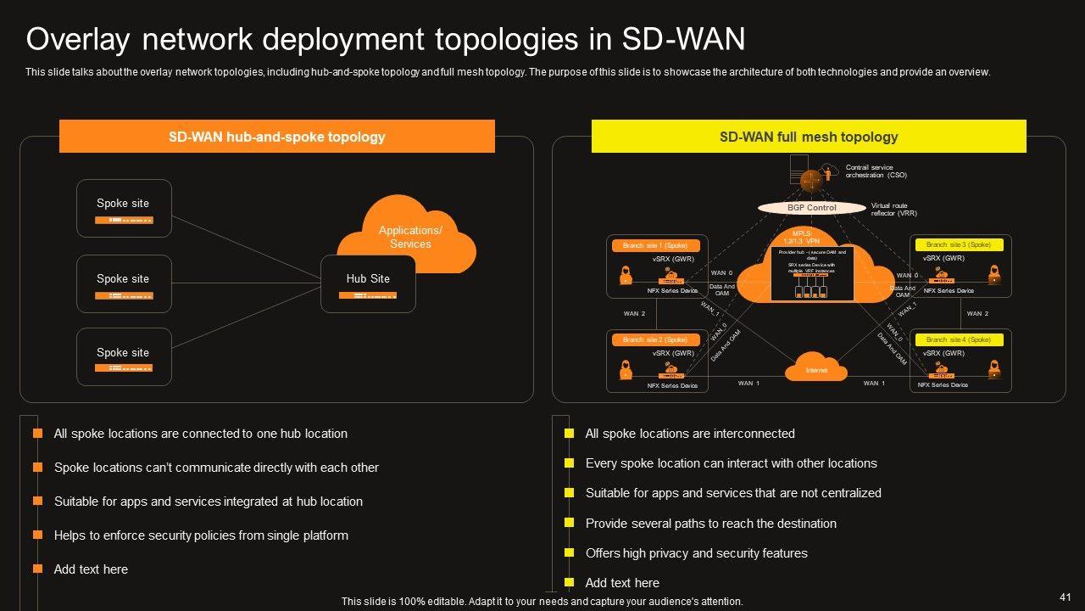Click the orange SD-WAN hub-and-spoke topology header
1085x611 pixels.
coord(276,137)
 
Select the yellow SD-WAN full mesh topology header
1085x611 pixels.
coord(808,137)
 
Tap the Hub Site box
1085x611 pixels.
coord(368,283)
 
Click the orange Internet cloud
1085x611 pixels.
coord(815,369)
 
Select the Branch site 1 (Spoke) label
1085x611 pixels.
coord(654,245)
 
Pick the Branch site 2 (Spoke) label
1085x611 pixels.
coord(654,339)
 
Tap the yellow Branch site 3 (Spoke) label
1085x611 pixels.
coord(958,245)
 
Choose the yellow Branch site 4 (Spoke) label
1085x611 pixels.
coord(958,339)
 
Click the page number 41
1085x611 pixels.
coord(1066,597)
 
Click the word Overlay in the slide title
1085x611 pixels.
coord(77,39)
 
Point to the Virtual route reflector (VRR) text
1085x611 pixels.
coord(893,210)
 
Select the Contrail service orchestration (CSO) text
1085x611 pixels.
coord(876,171)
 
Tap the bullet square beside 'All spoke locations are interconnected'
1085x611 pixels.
coord(570,434)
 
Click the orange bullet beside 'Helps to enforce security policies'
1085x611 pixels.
coord(37,535)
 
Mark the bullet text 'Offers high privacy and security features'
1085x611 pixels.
coord(696,553)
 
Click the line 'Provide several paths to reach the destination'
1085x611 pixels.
coord(710,524)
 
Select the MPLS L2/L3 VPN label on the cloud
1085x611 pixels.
coord(801,238)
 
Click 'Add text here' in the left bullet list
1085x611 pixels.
coord(91,569)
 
